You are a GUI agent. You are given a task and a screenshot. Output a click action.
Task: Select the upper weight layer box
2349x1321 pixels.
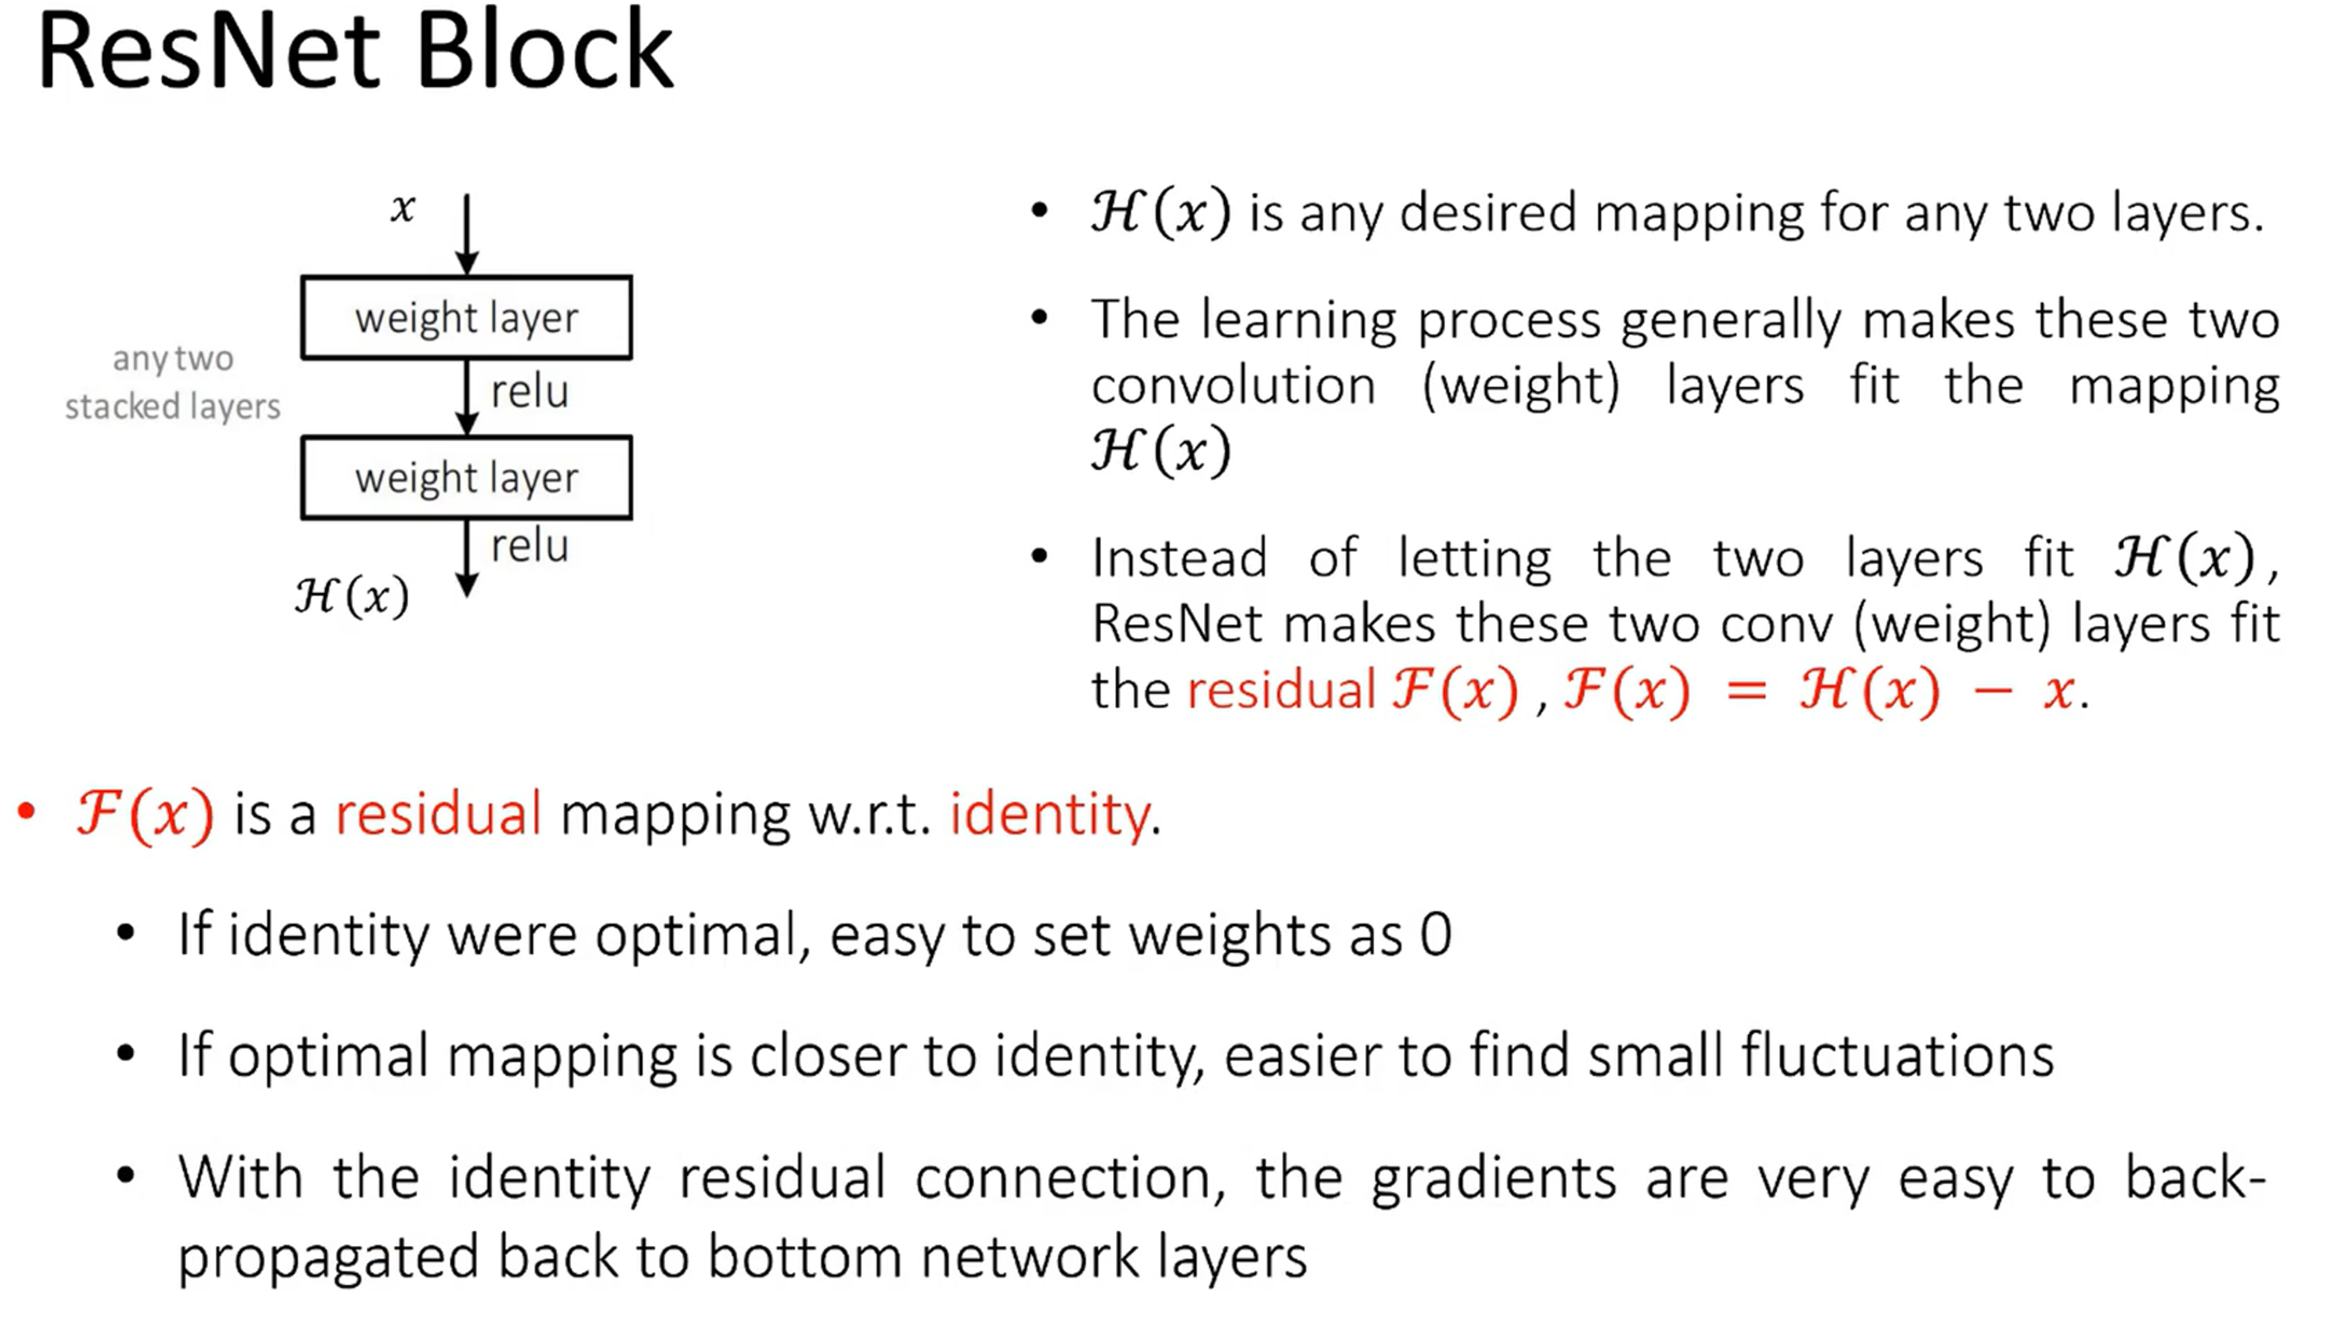point(466,317)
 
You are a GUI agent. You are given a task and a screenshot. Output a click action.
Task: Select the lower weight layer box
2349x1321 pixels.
point(466,478)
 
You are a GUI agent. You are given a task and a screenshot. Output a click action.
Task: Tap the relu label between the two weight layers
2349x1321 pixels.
point(529,392)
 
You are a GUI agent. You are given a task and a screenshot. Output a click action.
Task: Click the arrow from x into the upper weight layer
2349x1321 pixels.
point(467,233)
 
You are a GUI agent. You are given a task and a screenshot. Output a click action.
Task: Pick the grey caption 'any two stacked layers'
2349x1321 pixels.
point(172,383)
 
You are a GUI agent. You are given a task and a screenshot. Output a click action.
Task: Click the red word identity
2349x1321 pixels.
point(1049,813)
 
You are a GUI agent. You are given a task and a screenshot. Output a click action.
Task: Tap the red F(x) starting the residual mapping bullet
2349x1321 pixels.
point(146,813)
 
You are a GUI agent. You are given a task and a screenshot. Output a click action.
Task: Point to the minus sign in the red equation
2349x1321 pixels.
point(1992,691)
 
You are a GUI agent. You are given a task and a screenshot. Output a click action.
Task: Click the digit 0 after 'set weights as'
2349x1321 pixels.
point(1436,935)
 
